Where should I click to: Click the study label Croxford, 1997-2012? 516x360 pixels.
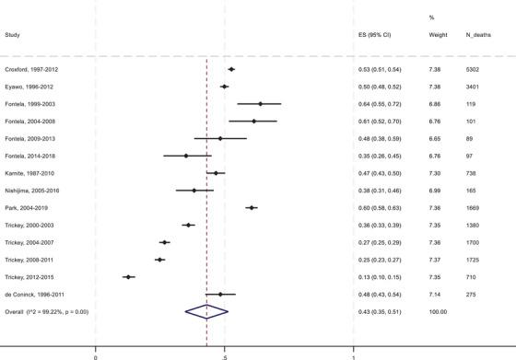click(x=29, y=69)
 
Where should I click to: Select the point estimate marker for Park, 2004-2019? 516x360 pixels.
click(x=252, y=208)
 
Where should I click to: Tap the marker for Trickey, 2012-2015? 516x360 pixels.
click(x=129, y=276)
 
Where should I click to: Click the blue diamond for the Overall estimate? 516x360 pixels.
click(x=206, y=311)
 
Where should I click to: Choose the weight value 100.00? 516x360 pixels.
click(x=414, y=311)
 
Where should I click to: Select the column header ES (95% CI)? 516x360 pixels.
click(x=375, y=35)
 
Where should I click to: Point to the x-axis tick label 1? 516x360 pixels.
click(x=355, y=355)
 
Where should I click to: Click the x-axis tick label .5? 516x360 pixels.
click(x=224, y=355)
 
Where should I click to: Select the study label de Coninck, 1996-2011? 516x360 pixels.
click(x=33, y=294)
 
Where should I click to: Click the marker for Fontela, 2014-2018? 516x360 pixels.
click(x=186, y=156)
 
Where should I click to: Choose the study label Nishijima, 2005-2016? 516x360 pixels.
click(x=30, y=191)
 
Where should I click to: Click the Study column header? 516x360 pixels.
click(x=13, y=35)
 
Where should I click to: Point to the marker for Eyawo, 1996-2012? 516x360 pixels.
click(x=225, y=87)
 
